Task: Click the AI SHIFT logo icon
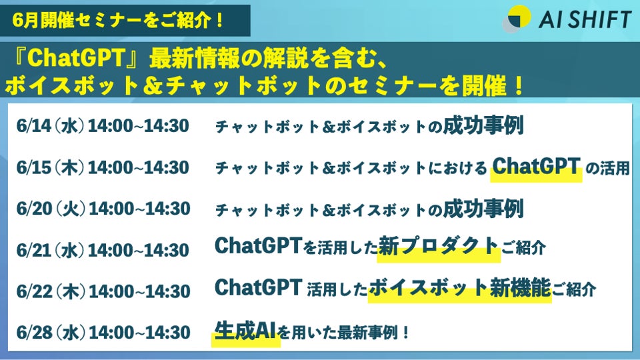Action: (x=516, y=19)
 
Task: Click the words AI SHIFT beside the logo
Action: (x=585, y=19)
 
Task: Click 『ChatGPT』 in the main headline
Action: (x=75, y=58)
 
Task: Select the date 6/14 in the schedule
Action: (x=33, y=126)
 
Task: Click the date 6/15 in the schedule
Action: (x=33, y=167)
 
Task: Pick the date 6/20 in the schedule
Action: (x=34, y=209)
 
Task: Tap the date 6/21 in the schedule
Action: (x=33, y=250)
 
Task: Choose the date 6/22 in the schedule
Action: (x=34, y=291)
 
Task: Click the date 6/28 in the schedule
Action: (x=34, y=333)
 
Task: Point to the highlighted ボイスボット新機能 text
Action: (x=459, y=288)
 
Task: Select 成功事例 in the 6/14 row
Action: (x=483, y=125)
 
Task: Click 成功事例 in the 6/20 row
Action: (x=483, y=208)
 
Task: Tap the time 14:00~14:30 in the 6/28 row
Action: (x=139, y=333)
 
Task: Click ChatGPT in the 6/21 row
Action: (x=258, y=246)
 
